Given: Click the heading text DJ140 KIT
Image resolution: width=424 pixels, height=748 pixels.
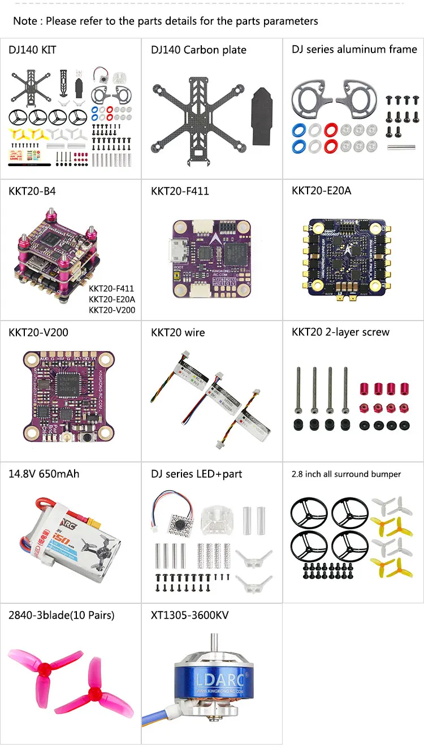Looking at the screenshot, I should coord(32,50).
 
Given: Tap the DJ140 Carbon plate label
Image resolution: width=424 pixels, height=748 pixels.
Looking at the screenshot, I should coord(198,50).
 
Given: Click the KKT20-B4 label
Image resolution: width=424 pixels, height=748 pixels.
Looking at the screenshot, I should coord(33,191).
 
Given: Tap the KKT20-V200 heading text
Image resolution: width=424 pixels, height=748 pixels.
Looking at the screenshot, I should coord(38,332).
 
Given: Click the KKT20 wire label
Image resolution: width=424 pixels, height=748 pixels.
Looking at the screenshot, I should coord(178,332).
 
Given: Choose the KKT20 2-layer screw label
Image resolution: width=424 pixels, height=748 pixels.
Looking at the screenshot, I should coord(340,332).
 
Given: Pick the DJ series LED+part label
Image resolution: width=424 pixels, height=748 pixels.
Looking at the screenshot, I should coord(196,474).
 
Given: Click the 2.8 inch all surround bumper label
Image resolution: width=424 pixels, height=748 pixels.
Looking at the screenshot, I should coord(346,474).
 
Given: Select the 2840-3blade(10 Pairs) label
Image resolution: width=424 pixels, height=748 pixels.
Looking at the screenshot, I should coord(61,615).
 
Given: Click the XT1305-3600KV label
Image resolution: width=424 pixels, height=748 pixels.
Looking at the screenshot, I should coord(189,615).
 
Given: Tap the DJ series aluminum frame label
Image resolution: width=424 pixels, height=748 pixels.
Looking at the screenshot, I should coord(354,49).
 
